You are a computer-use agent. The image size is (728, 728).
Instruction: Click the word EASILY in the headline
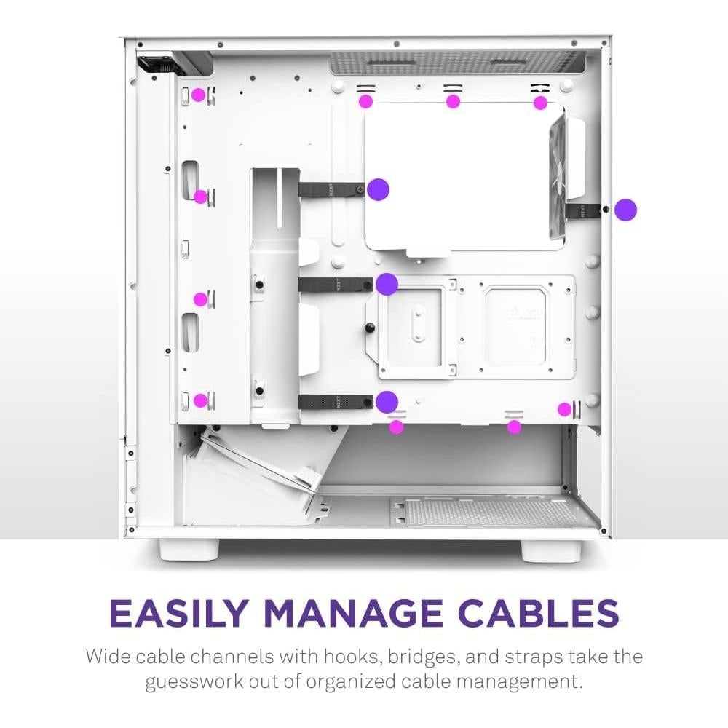coord(177,613)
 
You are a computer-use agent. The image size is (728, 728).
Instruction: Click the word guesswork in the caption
coord(194,681)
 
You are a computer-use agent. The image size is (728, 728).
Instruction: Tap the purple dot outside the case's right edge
coord(625,210)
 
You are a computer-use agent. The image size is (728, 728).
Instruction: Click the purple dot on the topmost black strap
coord(378,189)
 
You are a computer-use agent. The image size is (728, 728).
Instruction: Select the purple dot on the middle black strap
coord(387,284)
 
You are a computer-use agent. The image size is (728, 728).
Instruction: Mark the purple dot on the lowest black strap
coord(387,402)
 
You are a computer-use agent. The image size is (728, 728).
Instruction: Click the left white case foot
coord(189,550)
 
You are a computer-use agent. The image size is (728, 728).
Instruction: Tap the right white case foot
coord(552,550)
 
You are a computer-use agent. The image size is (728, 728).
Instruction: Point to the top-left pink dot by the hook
coord(198,95)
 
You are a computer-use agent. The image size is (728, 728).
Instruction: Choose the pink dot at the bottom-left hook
coord(201,400)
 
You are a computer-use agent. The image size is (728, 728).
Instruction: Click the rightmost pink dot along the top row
coord(540,103)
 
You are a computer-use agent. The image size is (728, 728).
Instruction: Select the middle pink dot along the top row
coord(453,101)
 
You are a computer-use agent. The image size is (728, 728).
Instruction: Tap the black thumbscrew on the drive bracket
coord(370,328)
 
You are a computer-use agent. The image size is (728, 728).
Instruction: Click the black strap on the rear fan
coord(584,210)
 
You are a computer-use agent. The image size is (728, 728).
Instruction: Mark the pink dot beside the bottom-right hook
coord(565,409)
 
